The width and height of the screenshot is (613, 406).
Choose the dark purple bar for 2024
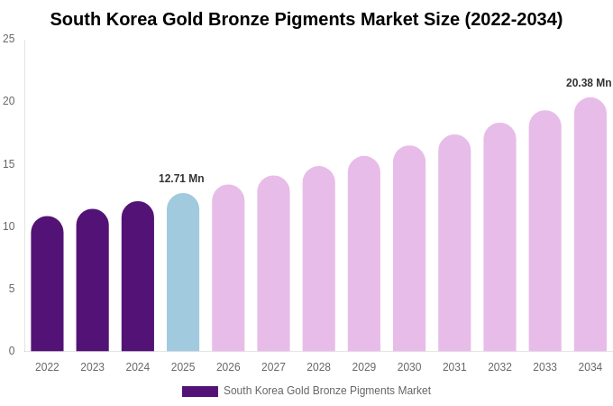click(138, 277)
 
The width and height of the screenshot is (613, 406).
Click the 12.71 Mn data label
click(181, 179)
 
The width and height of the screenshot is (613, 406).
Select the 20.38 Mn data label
click(589, 83)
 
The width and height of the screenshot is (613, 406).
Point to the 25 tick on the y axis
click(9, 39)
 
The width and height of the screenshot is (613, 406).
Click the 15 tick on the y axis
click(9, 164)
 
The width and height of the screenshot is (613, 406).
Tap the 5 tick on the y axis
click(11, 289)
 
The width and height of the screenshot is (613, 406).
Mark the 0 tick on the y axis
click(11, 351)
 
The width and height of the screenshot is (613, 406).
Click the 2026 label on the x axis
click(228, 367)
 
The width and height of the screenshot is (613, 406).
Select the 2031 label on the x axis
click(454, 367)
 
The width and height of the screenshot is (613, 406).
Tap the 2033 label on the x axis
click(544, 367)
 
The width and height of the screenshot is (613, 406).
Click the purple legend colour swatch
click(200, 392)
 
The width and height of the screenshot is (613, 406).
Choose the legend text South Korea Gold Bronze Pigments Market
click(327, 391)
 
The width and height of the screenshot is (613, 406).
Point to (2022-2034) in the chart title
click(513, 19)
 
